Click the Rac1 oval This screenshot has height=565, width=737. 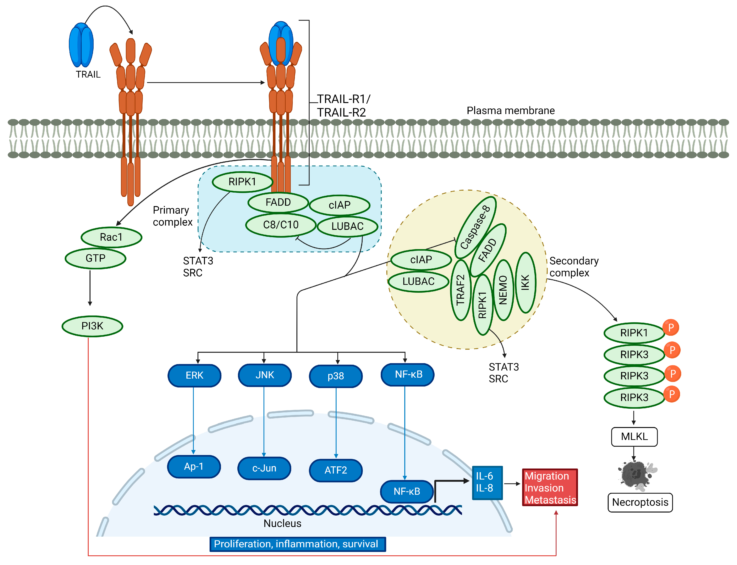click(x=111, y=237)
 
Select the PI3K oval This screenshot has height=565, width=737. click(x=92, y=326)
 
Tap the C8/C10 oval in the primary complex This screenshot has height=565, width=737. click(x=281, y=225)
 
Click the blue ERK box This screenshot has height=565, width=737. click(x=194, y=375)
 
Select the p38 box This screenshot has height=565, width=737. click(x=336, y=376)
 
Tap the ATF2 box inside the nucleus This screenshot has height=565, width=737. click(x=336, y=470)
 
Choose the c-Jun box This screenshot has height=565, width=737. click(x=264, y=468)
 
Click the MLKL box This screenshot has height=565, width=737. click(x=634, y=436)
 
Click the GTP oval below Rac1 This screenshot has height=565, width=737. click(x=96, y=258)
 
